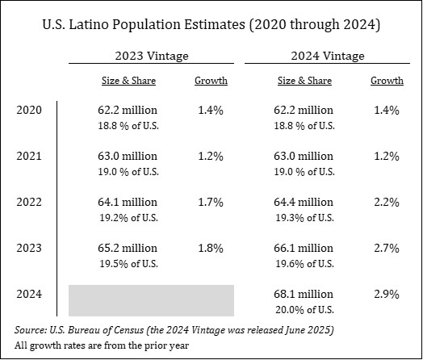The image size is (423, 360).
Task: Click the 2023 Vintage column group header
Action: click(152, 56)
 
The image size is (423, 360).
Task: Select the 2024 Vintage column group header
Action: click(328, 56)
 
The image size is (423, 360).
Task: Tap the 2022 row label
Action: click(29, 202)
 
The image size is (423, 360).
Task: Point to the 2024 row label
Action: click(29, 294)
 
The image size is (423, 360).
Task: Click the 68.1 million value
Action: click(304, 294)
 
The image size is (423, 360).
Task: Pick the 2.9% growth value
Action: click(387, 294)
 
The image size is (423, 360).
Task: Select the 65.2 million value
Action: click(128, 248)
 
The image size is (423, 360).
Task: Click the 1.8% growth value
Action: click(211, 248)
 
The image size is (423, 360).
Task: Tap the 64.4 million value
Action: click(304, 202)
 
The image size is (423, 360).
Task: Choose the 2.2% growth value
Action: click(387, 202)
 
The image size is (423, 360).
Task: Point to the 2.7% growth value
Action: click(387, 248)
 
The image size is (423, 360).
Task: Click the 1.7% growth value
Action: click(211, 202)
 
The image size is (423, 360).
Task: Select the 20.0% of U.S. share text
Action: click(304, 310)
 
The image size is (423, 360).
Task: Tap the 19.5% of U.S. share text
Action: click(128, 264)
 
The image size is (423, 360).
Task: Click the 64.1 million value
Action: click(128, 202)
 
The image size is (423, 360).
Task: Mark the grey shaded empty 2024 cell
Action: click(151, 300)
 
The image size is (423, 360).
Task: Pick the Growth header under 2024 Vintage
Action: click(387, 81)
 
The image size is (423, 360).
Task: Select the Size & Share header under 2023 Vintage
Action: click(128, 81)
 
